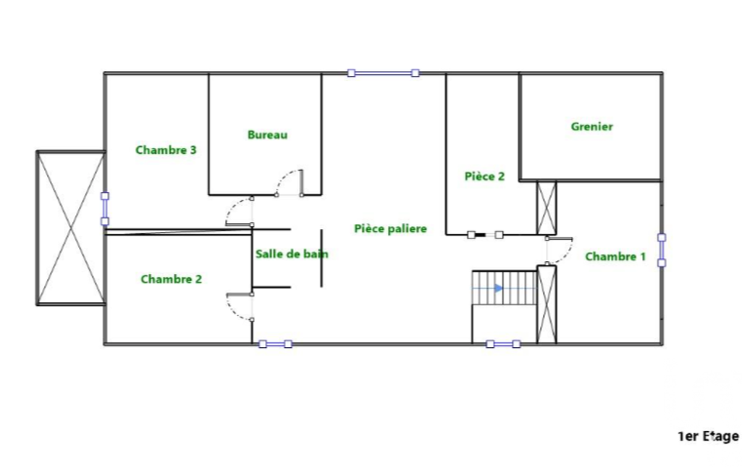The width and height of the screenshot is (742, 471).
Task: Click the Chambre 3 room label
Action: [x=166, y=150]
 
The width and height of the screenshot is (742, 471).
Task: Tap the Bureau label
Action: [x=267, y=135]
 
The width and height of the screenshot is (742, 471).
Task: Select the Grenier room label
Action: [x=591, y=127]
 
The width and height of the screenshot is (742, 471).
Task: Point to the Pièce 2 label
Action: [x=484, y=176]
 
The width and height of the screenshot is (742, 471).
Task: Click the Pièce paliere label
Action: [x=390, y=228]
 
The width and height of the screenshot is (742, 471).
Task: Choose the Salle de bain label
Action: [x=292, y=254]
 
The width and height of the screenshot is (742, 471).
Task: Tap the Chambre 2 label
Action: [x=172, y=279]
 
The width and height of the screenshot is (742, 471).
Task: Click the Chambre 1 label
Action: [x=615, y=257]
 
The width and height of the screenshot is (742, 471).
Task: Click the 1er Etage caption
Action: [x=708, y=436]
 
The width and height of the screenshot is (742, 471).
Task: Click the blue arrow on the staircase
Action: [x=498, y=288]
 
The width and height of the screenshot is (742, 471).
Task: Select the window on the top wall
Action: [x=383, y=73]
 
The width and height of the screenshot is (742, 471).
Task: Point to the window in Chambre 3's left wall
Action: [x=105, y=209]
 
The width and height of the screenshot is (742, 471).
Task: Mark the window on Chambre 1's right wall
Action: [x=662, y=250]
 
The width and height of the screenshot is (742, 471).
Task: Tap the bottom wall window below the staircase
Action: [x=503, y=344]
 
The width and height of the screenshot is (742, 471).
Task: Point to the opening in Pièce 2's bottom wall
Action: [x=485, y=235]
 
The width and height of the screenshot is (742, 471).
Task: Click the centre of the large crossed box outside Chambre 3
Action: [x=70, y=228]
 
